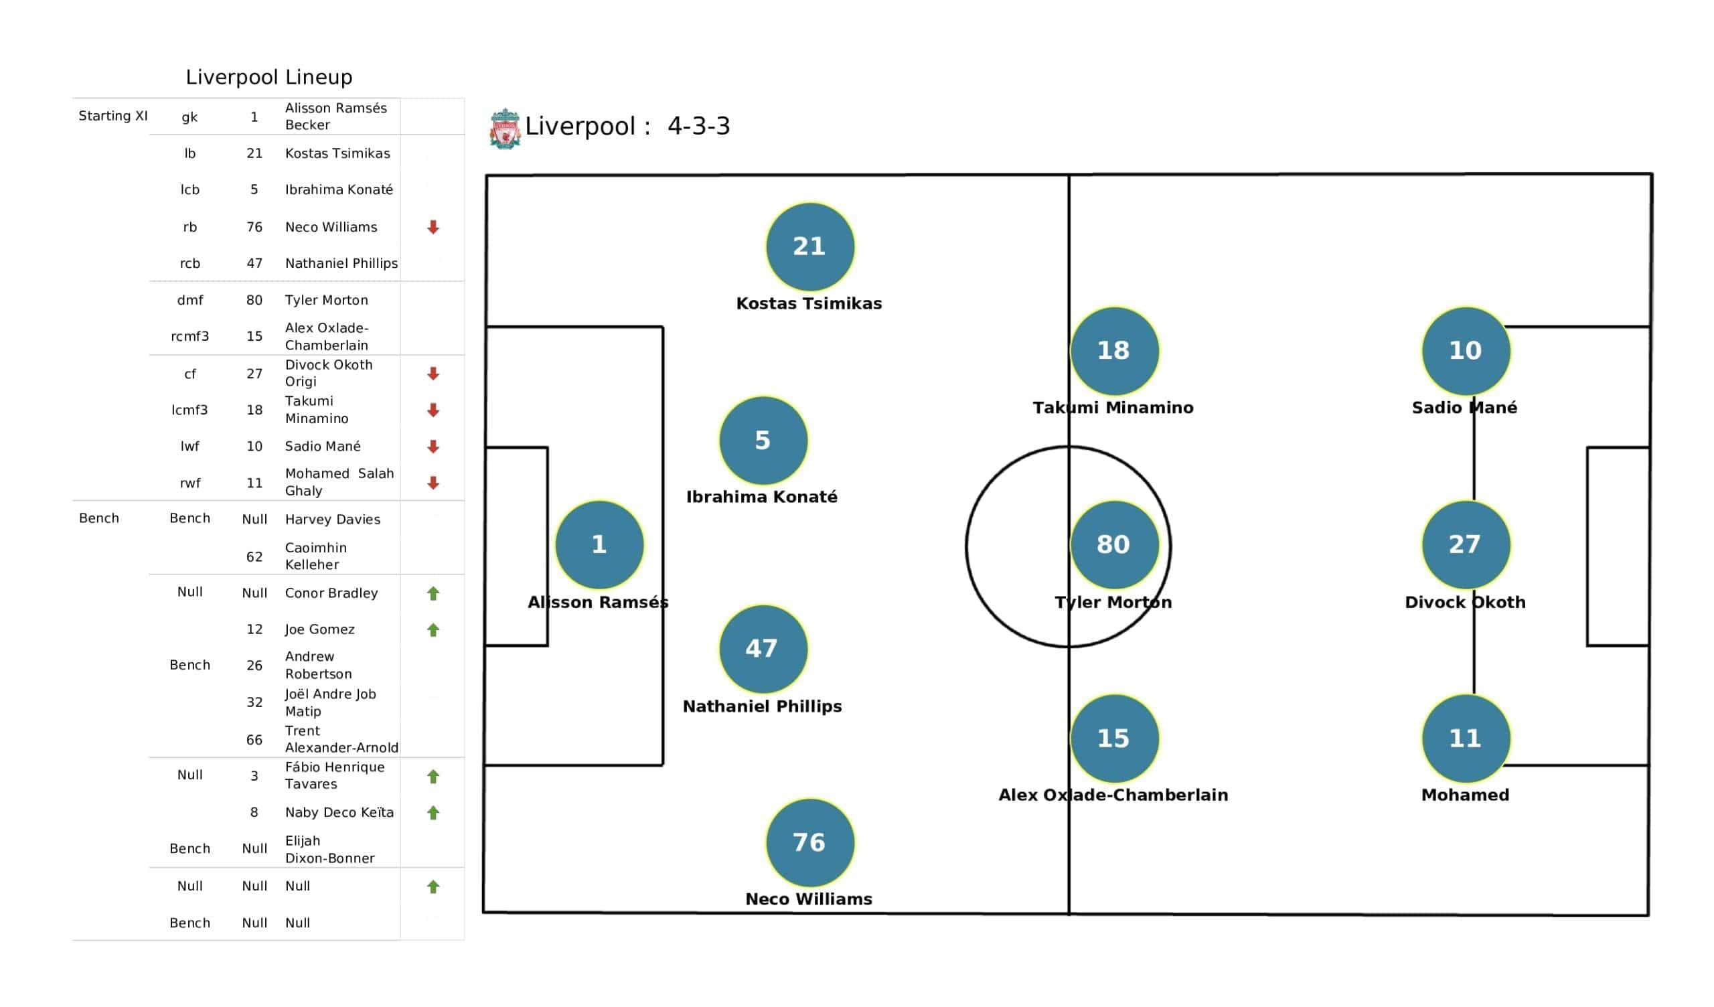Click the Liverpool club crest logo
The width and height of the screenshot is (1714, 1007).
(505, 128)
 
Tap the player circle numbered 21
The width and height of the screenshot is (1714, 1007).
(809, 246)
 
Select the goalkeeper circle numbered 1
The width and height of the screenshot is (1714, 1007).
(599, 544)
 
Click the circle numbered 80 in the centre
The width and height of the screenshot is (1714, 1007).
(1114, 544)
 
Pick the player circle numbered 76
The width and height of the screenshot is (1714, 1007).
(809, 842)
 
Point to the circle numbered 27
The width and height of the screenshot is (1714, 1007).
(1466, 544)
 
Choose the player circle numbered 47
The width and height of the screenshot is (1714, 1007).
(763, 648)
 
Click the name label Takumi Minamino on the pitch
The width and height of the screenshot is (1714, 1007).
(1113, 408)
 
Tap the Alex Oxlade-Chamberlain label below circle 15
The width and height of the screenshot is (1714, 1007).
(1113, 795)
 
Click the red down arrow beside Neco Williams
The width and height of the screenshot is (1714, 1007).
(433, 227)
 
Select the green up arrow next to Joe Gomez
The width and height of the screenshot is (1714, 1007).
(433, 630)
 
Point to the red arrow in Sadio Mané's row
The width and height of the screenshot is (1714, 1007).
(433, 447)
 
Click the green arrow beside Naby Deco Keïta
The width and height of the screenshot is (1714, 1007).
(433, 812)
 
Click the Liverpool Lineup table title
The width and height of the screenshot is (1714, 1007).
(269, 77)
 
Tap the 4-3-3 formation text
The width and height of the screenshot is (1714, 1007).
(698, 126)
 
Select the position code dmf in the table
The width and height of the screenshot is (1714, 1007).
(189, 300)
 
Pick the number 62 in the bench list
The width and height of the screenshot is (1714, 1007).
(254, 556)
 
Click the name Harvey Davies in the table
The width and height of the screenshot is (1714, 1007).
(333, 519)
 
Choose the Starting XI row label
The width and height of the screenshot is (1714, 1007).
(113, 116)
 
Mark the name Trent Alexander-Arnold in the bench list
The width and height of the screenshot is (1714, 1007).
(341, 739)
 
